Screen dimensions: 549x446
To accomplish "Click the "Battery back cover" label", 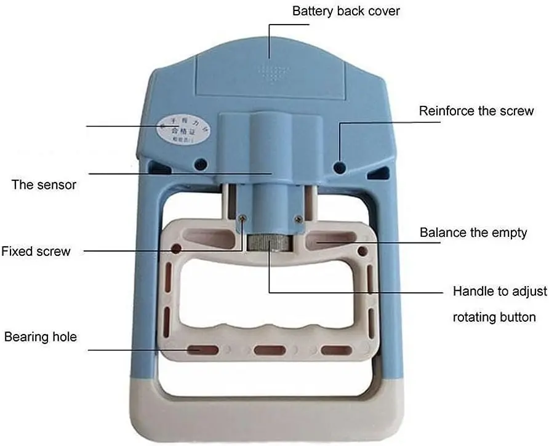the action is pos(345,11).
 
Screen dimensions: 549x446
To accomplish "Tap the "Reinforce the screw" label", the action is pos(476,111).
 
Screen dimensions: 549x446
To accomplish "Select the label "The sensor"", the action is pos(44,185).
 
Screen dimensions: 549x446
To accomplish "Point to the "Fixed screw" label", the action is pos(36,251).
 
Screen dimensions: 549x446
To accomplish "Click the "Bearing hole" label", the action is pos(41,336).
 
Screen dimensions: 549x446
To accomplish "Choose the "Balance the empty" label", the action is pos(473,233).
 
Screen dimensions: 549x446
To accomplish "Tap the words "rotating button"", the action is pos(494,317).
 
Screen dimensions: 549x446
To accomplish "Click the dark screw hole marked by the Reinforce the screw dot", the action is pos(338,166).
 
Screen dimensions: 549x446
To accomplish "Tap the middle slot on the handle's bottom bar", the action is pos(270,350).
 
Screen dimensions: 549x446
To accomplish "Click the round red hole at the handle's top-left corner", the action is pos(176,249).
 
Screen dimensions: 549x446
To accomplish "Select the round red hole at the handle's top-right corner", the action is pos(363,250).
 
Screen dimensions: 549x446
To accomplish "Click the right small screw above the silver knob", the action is pos(299,218).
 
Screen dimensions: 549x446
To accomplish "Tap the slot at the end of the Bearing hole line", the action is pos(203,350).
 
